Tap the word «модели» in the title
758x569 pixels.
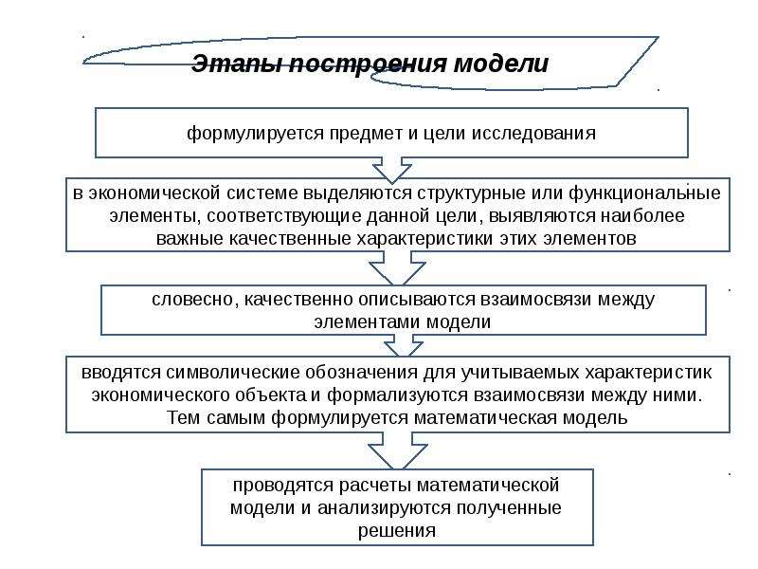(500, 64)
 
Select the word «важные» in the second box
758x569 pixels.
(187, 238)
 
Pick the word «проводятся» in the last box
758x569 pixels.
(274, 486)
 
